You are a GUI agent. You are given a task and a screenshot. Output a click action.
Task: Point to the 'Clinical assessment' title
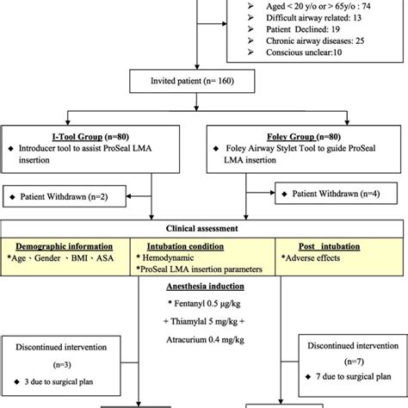[x=203, y=229]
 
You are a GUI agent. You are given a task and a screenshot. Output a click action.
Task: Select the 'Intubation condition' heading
[x=181, y=244]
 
